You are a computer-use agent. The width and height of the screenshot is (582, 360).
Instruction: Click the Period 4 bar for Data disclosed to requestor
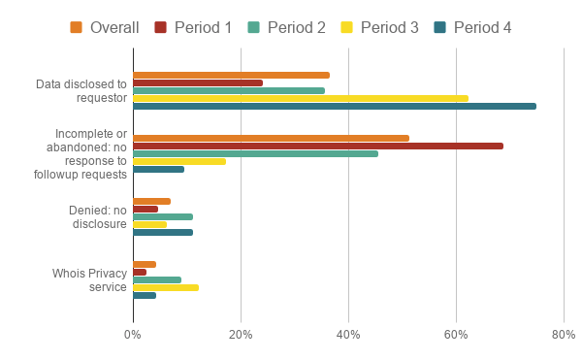coord(334,106)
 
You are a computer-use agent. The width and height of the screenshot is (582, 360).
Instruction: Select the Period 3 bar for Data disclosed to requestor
coord(300,98)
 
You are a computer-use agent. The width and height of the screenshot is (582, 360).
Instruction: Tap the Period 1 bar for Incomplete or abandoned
coord(317,146)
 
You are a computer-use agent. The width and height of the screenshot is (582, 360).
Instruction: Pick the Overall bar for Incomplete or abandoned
coord(271,138)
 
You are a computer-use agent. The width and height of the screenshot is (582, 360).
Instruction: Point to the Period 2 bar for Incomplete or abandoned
coord(255,153)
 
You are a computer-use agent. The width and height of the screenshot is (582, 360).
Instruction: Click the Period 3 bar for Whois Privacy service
coord(165,287)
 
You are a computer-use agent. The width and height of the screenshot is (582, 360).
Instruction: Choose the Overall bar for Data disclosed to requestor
coord(231,75)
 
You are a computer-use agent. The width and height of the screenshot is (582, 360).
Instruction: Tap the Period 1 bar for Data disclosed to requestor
coord(197,82)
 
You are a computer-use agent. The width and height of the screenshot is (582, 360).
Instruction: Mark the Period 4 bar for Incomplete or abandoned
coord(158,169)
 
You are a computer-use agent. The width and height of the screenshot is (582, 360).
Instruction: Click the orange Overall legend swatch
coord(77,27)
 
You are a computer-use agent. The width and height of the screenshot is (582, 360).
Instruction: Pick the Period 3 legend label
coord(389,27)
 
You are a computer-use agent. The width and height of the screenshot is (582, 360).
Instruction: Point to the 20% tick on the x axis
coord(241,335)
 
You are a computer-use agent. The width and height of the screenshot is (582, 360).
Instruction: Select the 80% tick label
coord(563,335)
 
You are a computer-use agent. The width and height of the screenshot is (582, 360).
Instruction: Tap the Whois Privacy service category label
coord(89,279)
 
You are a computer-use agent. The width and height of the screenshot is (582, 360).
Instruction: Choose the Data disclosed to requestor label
coord(81,90)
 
